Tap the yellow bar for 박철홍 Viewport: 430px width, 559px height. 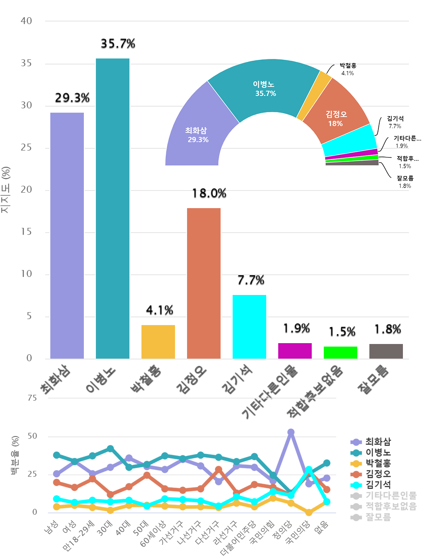point(158,341)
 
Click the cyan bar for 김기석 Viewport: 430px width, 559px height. point(249,326)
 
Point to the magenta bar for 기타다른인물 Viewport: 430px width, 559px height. point(295,350)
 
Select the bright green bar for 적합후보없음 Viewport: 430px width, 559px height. point(341,352)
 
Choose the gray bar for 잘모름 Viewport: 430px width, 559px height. point(386,351)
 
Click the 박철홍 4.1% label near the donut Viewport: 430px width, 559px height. point(348,69)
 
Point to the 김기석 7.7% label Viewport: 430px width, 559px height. point(395,122)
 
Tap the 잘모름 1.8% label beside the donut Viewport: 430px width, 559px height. point(405,182)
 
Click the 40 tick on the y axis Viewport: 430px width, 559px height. point(26,21)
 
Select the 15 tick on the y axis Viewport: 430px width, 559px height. point(26,232)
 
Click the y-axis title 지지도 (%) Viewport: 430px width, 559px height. point(6,190)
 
